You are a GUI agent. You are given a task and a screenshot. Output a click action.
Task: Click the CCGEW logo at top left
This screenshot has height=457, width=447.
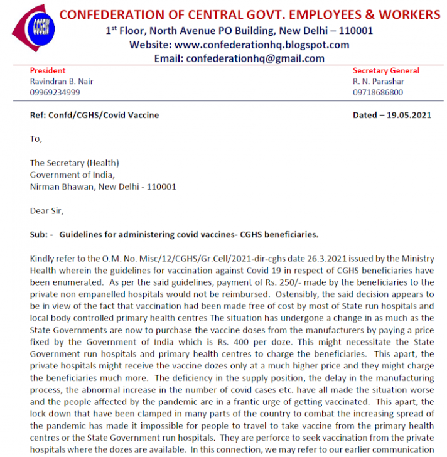point(32,28)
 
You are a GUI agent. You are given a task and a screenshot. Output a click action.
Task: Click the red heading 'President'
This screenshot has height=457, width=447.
point(48,71)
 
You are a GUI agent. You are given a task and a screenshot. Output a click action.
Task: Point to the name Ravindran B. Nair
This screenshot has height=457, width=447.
point(62,82)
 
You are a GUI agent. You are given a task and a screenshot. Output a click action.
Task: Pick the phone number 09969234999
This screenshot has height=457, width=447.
point(55,92)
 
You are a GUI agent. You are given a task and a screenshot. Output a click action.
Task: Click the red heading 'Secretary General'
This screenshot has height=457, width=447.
point(385,71)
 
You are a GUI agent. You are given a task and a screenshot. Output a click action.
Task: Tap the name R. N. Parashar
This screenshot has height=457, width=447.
point(379,82)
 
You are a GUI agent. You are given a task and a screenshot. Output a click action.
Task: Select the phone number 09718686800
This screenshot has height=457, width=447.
point(378,92)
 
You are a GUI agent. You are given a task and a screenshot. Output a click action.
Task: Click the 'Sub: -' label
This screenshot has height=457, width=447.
point(41,235)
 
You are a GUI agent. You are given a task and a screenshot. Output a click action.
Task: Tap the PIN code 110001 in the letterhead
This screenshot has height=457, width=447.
point(352,31)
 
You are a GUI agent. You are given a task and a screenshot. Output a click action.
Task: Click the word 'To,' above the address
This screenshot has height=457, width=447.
point(36,139)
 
